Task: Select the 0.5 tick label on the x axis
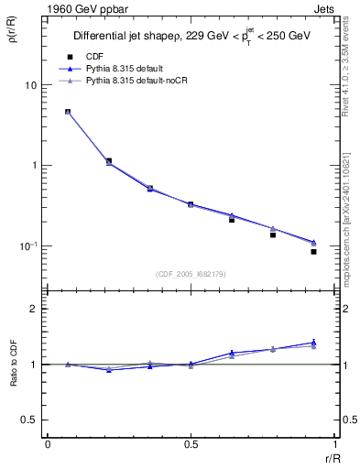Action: (x=191, y=443)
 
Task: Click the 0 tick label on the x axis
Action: (x=48, y=443)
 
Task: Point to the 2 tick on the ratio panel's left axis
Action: (x=33, y=310)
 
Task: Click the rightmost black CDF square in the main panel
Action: (x=313, y=251)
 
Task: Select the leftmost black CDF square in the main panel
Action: (x=68, y=112)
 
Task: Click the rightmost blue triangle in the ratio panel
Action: (x=313, y=342)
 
